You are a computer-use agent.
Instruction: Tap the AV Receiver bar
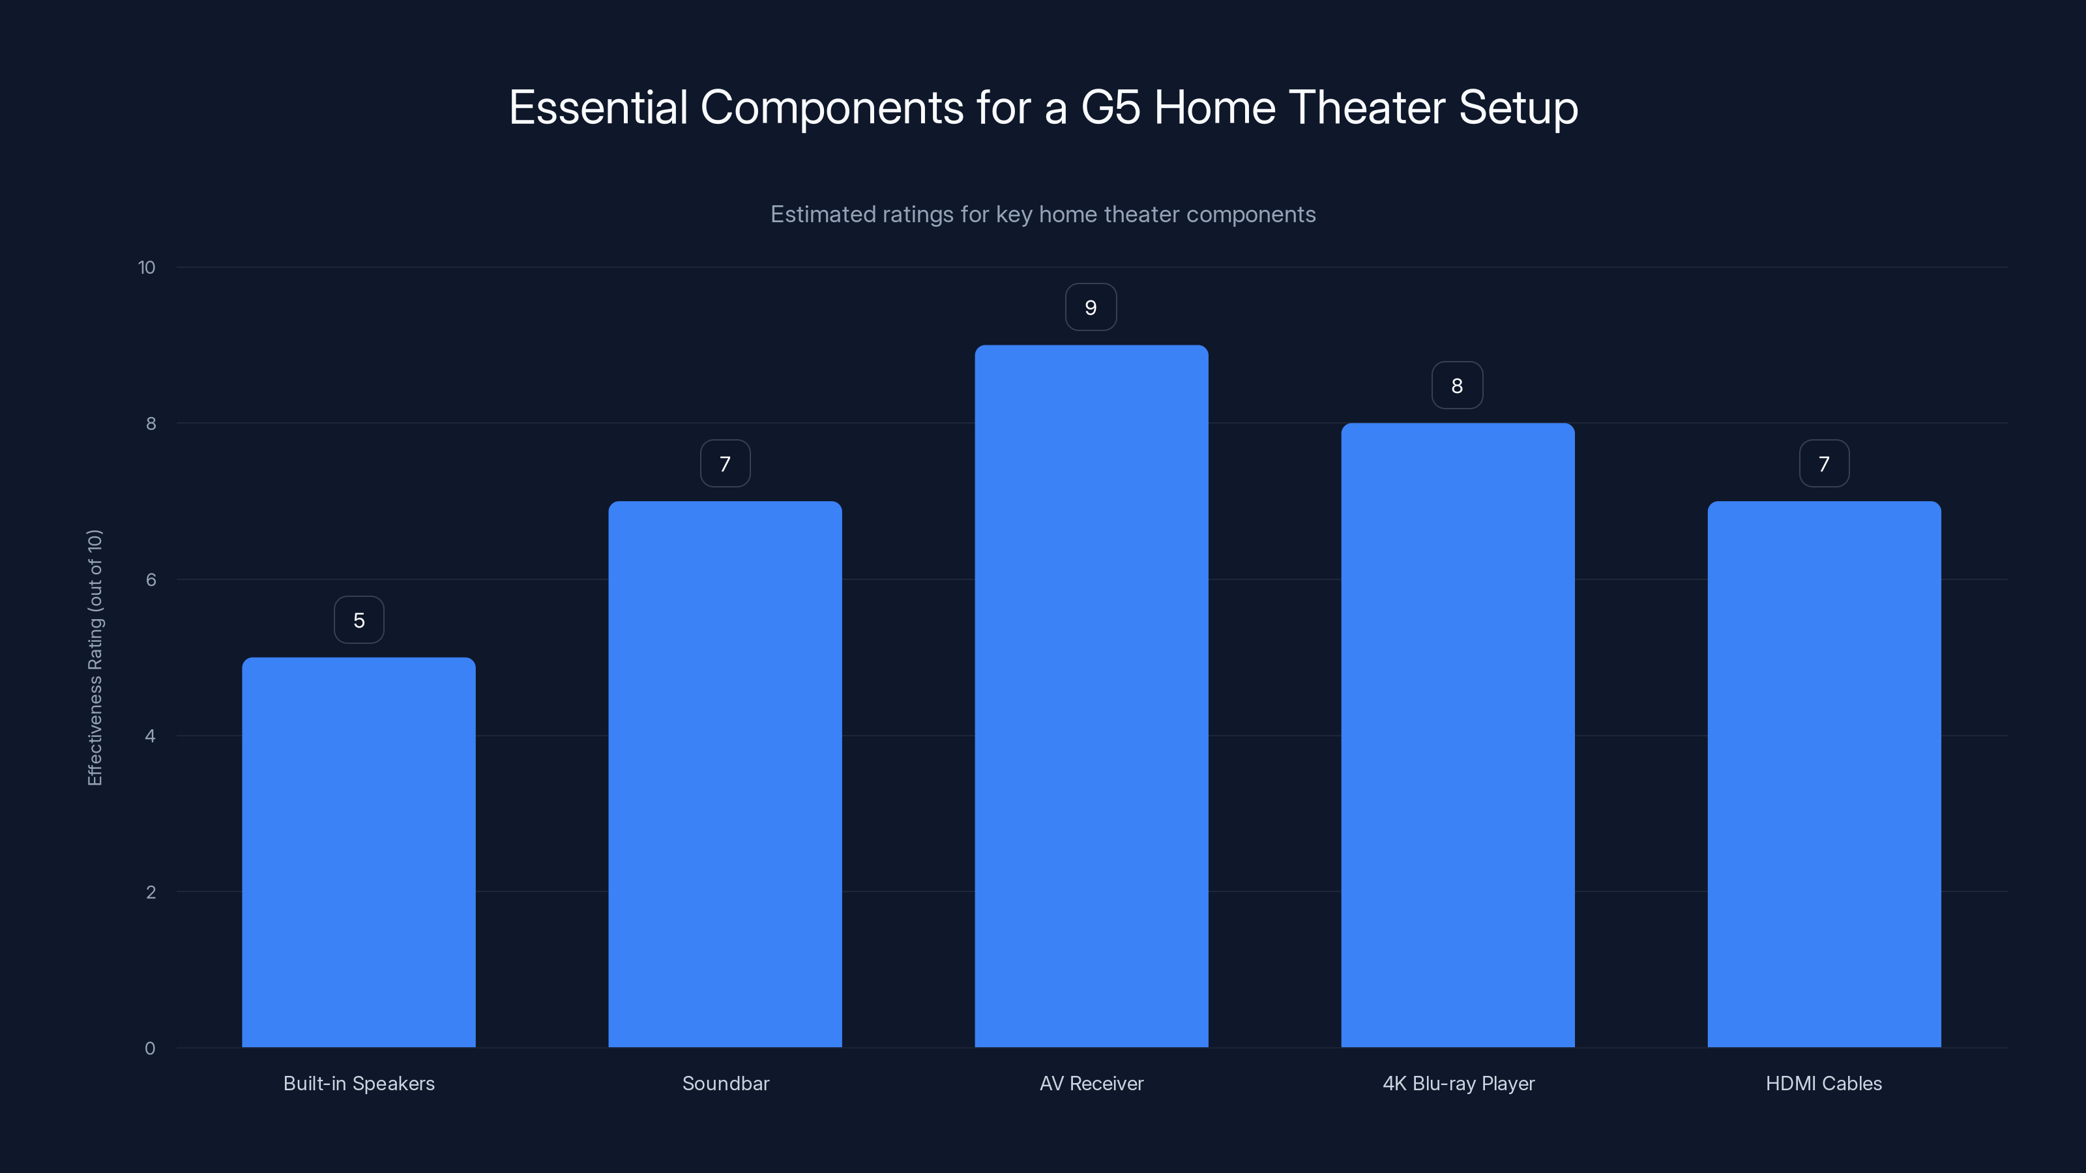[x=1091, y=696]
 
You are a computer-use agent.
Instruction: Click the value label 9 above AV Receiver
[x=1091, y=308]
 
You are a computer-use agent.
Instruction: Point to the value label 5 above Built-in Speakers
[x=359, y=620]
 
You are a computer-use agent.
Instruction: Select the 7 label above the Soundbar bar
[x=725, y=464]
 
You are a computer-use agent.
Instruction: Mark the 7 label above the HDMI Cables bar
[x=1824, y=464]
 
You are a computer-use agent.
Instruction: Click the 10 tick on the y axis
[x=147, y=267]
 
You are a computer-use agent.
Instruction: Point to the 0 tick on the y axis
[x=150, y=1049]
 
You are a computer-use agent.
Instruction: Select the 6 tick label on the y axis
[x=151, y=579]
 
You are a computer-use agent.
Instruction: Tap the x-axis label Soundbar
[x=726, y=1083]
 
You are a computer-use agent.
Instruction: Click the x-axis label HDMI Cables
[x=1824, y=1083]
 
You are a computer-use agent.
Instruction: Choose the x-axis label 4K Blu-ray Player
[x=1458, y=1083]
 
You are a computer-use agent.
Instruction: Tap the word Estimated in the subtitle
[x=819, y=214]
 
